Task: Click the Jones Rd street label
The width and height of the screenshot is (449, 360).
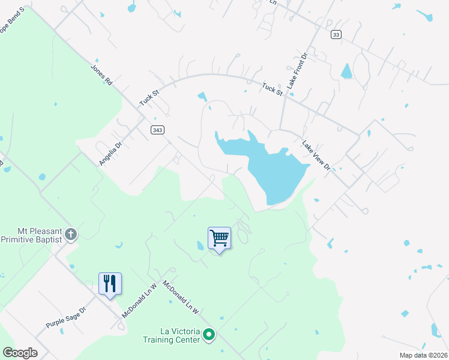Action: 101,75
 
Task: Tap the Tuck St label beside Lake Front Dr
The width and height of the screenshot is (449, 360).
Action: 272,89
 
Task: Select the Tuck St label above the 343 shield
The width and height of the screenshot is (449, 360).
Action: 148,98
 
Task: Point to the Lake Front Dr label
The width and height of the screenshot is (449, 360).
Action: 297,71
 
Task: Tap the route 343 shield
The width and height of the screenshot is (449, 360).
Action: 157,130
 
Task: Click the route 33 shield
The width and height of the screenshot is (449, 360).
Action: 336,35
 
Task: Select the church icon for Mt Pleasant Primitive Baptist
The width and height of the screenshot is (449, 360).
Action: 71,234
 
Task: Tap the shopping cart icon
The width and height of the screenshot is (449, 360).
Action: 219,238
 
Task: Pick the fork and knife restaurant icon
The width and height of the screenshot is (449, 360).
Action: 110,283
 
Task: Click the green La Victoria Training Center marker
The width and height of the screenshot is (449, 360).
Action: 209,334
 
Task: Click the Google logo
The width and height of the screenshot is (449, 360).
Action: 20,353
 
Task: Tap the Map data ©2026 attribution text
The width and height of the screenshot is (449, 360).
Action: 423,355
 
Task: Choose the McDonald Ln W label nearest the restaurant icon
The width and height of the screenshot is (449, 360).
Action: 139,301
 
